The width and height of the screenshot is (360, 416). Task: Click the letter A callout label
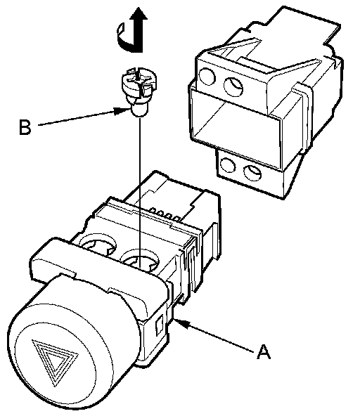[x=264, y=352]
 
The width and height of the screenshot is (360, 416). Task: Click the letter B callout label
[x=25, y=127]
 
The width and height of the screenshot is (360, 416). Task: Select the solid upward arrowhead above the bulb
[x=139, y=13]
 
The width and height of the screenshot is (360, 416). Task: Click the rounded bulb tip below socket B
[x=139, y=110]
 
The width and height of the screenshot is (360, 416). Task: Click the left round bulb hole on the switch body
[x=98, y=244]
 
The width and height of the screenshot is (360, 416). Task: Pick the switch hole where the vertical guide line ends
[x=140, y=261]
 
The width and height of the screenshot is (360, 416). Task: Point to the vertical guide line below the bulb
[x=139, y=192]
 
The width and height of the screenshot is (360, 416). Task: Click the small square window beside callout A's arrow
[x=159, y=325]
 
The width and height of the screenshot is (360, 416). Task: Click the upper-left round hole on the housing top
[x=207, y=77]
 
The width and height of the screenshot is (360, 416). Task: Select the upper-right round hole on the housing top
[x=233, y=86]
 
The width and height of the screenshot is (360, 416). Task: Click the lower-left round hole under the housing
[x=227, y=165]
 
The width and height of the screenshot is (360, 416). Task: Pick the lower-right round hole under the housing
[x=252, y=173]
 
